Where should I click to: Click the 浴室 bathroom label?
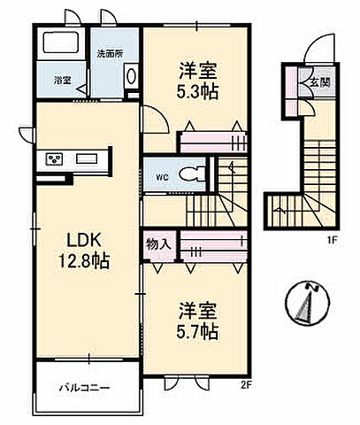point(62,81)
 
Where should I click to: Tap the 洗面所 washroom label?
point(110,53)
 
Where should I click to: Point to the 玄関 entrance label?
point(318,79)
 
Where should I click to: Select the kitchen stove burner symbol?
point(53,159)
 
